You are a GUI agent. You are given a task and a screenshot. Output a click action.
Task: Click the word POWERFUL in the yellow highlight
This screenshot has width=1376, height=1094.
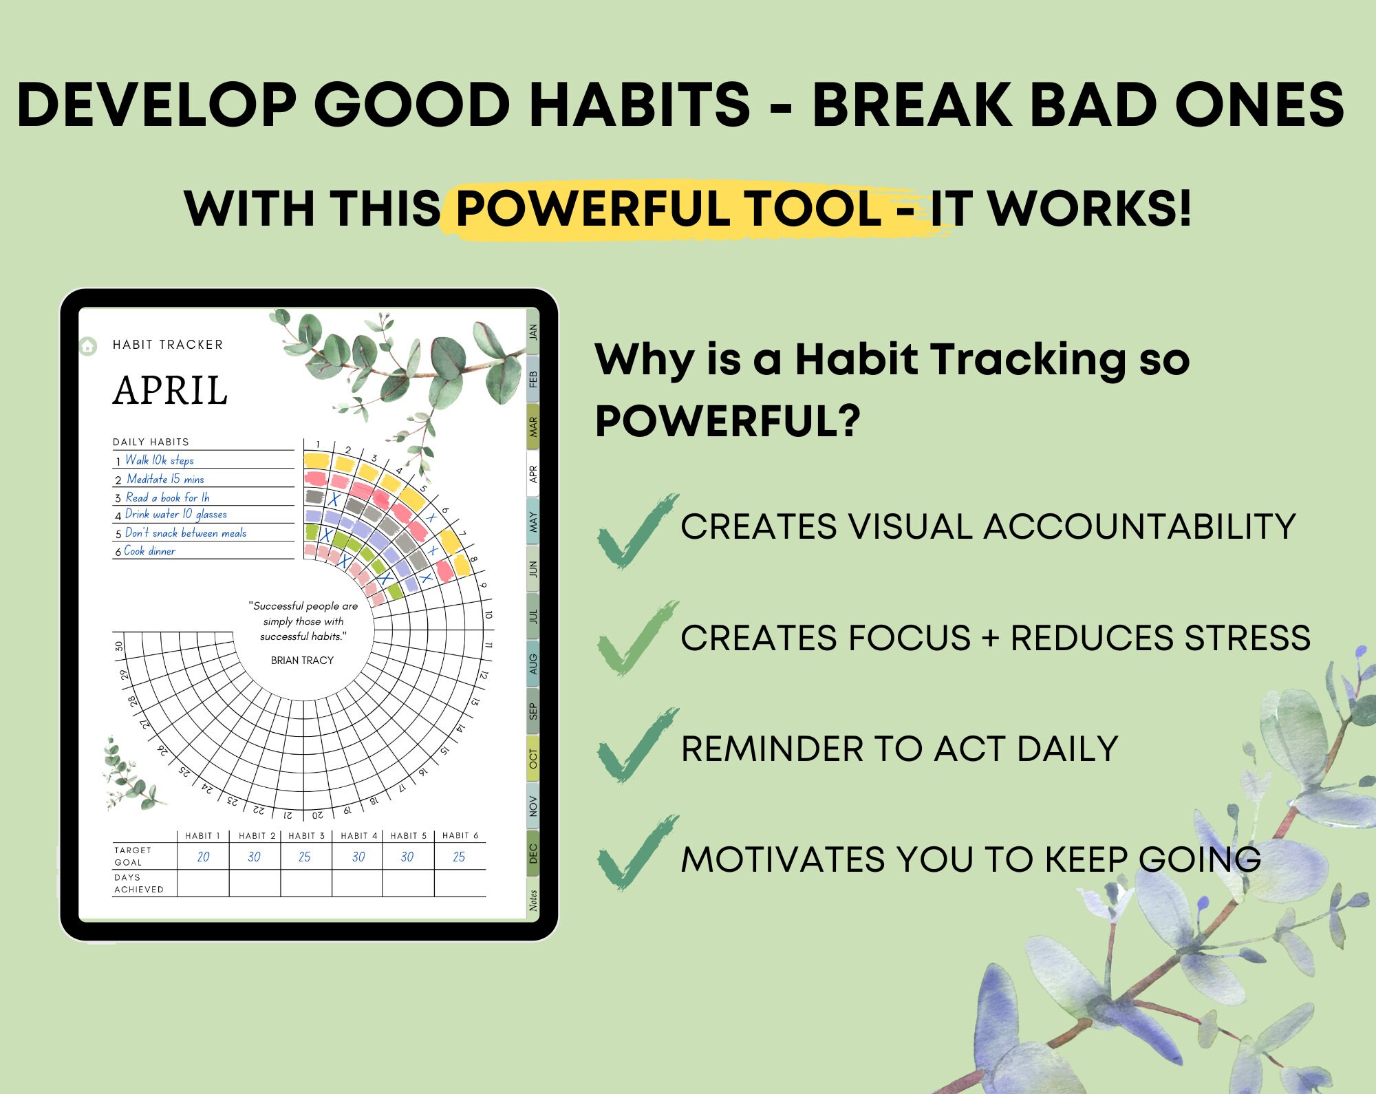coord(591,208)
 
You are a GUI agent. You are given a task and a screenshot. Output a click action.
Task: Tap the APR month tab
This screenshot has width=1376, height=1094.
coord(533,473)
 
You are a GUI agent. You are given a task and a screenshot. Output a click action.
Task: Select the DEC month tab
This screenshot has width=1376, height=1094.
coord(533,853)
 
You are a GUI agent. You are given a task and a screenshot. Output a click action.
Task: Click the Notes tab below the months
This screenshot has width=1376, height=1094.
coord(533,899)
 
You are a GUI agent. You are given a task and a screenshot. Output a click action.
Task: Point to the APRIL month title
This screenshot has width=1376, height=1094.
coord(170,391)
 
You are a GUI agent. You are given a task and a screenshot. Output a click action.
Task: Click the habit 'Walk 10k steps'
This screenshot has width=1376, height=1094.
coord(159,460)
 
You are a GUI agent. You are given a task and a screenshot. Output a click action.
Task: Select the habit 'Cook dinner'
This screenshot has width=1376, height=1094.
coord(149,551)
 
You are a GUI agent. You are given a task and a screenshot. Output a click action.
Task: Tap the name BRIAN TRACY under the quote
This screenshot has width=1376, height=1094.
coord(302,661)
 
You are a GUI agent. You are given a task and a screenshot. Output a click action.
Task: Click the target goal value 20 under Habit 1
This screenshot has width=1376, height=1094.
coord(203,857)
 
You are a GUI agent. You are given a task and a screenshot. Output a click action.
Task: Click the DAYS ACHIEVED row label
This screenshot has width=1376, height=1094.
coord(138,883)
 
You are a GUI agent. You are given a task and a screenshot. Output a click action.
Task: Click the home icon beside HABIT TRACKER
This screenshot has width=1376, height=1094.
coord(88,345)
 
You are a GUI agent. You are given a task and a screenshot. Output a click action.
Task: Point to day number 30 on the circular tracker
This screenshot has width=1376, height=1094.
coord(119,646)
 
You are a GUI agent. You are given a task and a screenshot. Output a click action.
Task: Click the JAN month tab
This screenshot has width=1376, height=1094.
coord(533,332)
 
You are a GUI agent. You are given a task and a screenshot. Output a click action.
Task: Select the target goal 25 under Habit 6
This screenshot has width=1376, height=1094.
coord(459,857)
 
